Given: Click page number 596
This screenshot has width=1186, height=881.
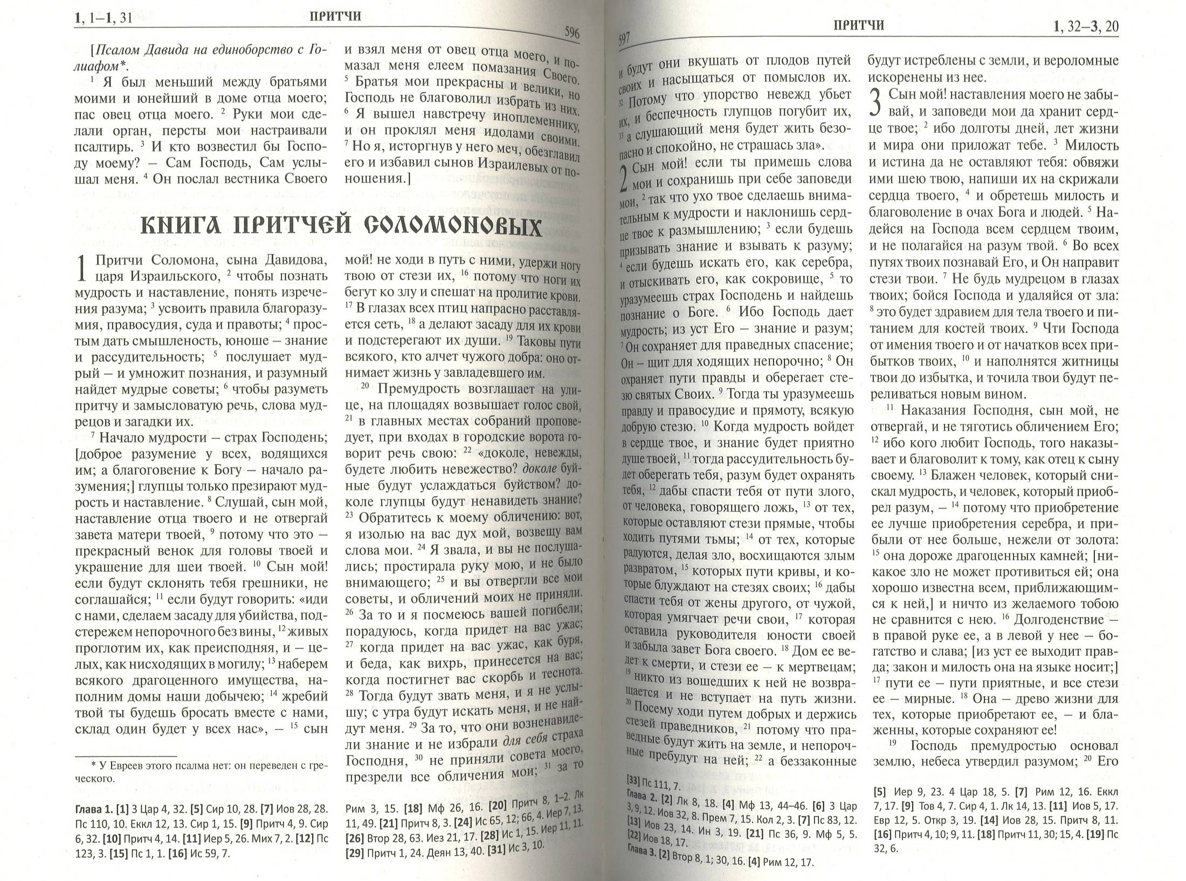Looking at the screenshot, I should click(571, 33).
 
